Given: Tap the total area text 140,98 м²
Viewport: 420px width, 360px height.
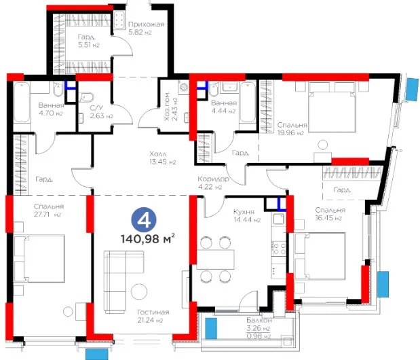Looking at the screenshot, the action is [148, 238].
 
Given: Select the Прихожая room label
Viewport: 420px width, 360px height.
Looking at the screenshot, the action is [146, 24].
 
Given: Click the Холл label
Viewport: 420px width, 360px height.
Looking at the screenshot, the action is [158, 154].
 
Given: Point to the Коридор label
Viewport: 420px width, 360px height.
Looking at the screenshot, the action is [213, 179].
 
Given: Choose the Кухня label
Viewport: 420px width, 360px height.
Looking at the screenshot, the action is [244, 212].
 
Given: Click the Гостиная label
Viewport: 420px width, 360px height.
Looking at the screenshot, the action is [153, 312].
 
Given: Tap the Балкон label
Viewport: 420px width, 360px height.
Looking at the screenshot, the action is [259, 321].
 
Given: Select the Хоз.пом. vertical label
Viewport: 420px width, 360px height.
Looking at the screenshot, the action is [167, 106].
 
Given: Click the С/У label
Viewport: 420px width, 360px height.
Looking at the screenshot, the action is [96, 108].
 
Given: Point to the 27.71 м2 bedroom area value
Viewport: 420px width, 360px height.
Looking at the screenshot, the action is [47, 215].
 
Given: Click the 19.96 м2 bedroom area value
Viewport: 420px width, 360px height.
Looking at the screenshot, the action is [290, 133].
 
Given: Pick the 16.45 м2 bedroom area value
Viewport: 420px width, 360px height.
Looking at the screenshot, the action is [328, 218].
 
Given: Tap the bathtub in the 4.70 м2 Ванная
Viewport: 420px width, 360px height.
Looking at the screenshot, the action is [22, 103].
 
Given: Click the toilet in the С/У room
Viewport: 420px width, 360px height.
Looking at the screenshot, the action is [87, 97].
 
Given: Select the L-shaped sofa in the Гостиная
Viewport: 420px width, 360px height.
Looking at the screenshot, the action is [123, 282].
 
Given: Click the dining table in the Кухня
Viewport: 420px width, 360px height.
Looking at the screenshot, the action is [215, 259].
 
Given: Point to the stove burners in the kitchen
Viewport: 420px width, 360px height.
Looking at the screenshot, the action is [279, 248].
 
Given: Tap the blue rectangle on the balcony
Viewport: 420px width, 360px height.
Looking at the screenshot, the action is [211, 328].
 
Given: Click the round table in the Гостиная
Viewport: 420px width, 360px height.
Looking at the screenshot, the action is [139, 291].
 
